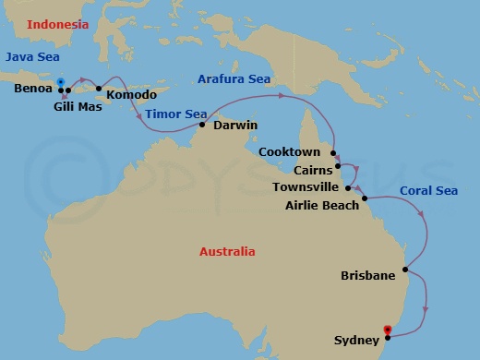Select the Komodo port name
131,94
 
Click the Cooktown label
290,151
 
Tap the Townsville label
306,187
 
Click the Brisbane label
368,275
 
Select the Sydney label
355,341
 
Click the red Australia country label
228,251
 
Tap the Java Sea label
31,57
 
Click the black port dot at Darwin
202,124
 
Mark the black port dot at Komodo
99,89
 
